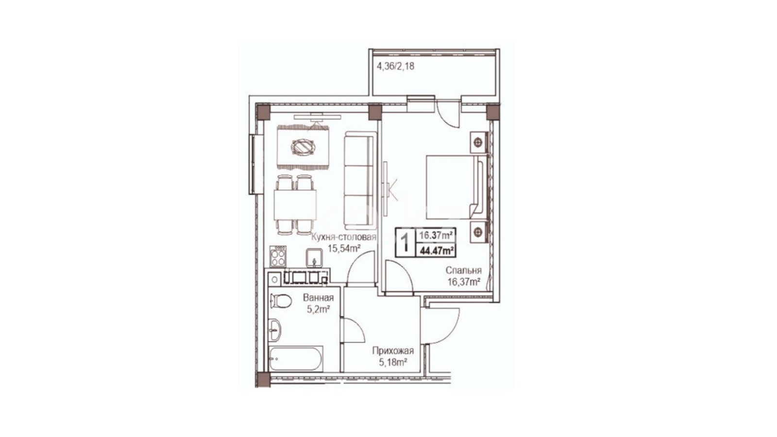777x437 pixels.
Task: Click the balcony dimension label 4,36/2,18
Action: coord(395,66)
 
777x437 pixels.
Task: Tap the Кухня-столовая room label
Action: coord(344,237)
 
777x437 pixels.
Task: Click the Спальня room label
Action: coord(463,270)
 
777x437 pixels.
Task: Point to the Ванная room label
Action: coord(318,298)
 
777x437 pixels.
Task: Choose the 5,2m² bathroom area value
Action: coord(318,309)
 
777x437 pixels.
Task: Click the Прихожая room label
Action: coord(393,351)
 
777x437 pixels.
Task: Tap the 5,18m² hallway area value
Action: coord(393,363)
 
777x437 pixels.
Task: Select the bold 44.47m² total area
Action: coord(437,250)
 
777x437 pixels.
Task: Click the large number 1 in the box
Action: coord(405,242)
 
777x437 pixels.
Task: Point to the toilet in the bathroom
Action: coord(280,302)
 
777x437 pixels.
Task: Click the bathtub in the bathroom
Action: coord(296,359)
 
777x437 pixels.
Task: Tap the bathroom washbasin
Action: coord(275,330)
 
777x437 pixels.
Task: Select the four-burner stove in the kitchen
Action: coord(278,256)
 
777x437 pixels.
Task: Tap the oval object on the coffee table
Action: coord(303,147)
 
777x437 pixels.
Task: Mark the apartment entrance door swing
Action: coord(440,326)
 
